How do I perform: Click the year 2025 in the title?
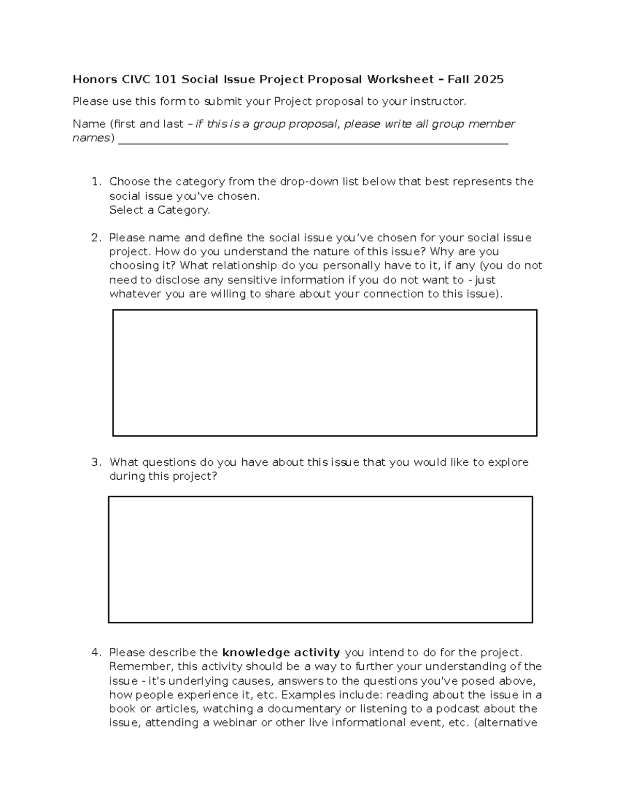pos(488,80)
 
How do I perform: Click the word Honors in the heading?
pos(95,80)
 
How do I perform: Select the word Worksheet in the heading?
pos(400,80)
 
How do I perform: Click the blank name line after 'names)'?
pos(313,139)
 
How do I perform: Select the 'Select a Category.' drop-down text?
pos(160,210)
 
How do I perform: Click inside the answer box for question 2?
pos(324,373)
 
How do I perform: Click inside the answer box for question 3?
pos(320,559)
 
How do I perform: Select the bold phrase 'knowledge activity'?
pos(281,653)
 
